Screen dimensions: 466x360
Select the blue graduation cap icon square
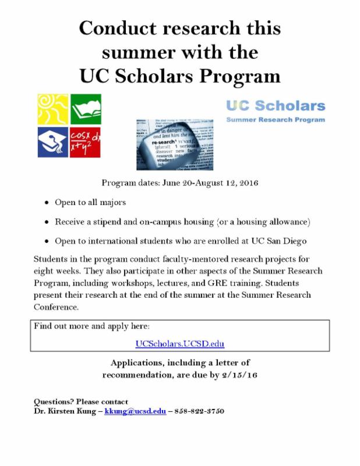52,142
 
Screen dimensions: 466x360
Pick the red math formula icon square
85,142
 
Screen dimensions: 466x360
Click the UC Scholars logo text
275,105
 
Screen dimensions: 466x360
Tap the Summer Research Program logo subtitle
275,119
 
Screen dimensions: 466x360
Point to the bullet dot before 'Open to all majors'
47,203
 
